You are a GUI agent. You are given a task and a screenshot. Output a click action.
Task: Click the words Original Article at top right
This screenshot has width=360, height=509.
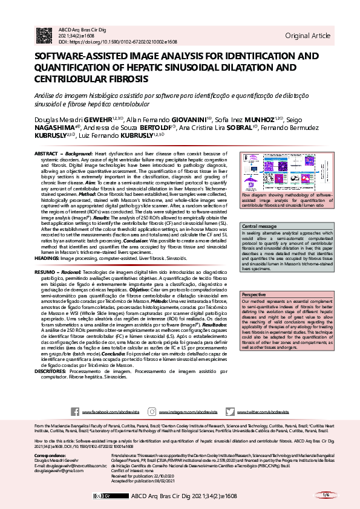pos(307,36)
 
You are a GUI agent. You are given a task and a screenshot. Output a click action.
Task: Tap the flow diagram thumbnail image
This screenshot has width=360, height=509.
pos(283,173)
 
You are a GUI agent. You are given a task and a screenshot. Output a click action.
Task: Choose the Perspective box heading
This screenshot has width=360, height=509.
pos(254,294)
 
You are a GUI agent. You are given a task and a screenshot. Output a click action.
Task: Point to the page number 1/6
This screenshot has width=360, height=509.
pos(326,494)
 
